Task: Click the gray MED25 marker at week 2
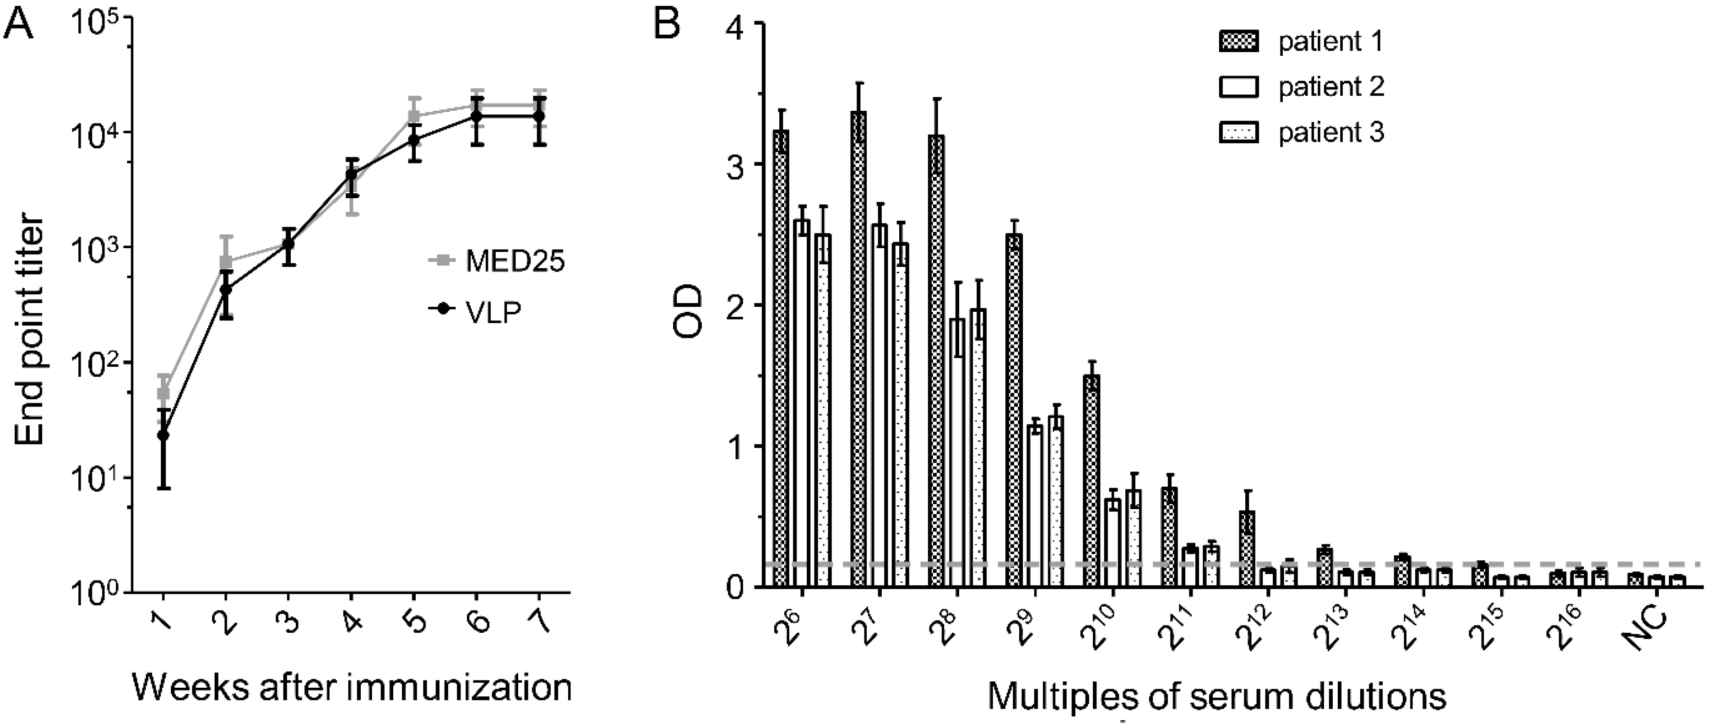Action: coord(226,261)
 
